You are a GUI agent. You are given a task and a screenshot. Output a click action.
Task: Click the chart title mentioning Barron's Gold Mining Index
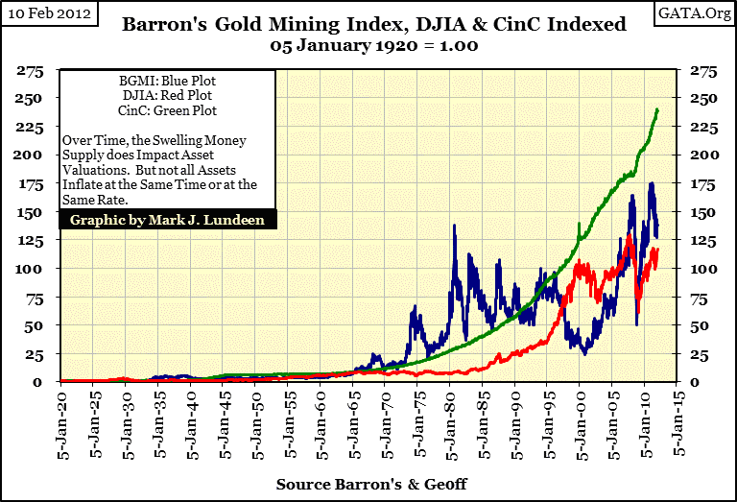click(x=368, y=26)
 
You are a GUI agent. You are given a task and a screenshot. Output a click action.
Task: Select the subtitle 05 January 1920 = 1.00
click(x=368, y=45)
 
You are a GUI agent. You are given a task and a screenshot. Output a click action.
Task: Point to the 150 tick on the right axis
click(x=700, y=212)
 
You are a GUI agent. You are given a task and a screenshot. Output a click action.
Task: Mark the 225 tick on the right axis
click(x=700, y=128)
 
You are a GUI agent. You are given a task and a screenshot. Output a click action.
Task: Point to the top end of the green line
click(x=657, y=109)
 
